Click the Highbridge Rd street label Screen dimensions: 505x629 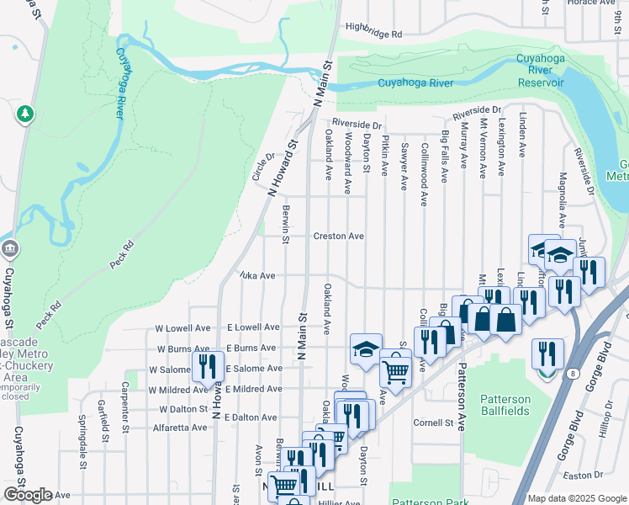pos(373,35)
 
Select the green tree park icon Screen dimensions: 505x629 pos(25,114)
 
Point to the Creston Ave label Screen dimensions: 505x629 pos(338,237)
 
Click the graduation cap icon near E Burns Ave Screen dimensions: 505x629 pos(366,348)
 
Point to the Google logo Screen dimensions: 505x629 pos(28,495)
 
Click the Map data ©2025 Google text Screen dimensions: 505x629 pos(576,498)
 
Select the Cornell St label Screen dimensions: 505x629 pos(433,423)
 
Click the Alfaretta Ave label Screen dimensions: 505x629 pos(178,428)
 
